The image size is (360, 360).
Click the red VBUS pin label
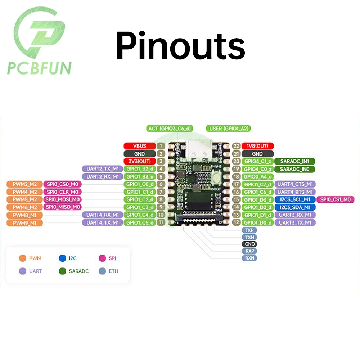click(140, 146)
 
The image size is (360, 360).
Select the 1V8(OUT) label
click(257, 146)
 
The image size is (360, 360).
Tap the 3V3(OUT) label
click(140, 161)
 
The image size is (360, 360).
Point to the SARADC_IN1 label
click(294, 161)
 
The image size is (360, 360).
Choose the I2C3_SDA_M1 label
click(295, 207)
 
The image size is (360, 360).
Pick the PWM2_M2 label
click(24, 184)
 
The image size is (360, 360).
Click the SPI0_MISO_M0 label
click(62, 207)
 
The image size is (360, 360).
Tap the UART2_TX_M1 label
click(102, 169)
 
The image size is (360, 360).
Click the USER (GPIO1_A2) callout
click(228, 129)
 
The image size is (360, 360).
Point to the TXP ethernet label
click(249, 230)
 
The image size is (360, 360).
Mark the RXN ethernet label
click(249, 258)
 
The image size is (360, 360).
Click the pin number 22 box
click(236, 146)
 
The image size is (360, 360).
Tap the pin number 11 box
click(161, 222)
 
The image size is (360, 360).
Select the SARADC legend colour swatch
click(62, 271)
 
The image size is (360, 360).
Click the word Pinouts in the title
click(180, 46)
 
